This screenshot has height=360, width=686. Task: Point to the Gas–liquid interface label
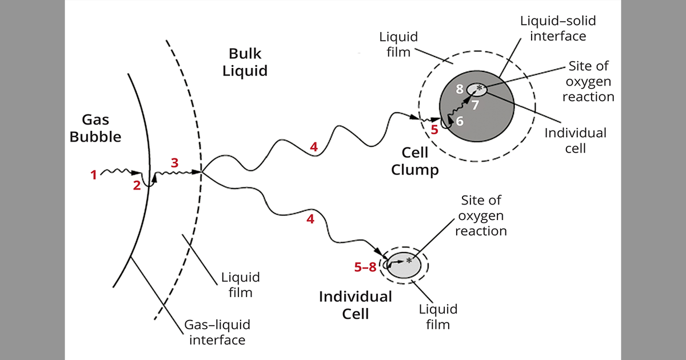(217, 333)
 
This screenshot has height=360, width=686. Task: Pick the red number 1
(93, 175)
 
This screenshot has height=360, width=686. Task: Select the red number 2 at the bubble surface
(137, 185)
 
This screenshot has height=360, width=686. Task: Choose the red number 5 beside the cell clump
(434, 129)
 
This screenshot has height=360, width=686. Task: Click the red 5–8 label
(365, 267)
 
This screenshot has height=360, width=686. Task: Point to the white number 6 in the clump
(460, 121)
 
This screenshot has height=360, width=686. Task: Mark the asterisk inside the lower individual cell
(409, 261)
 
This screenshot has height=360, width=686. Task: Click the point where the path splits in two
(202, 171)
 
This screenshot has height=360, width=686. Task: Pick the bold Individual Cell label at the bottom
(355, 305)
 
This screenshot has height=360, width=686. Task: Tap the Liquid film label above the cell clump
(399, 45)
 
